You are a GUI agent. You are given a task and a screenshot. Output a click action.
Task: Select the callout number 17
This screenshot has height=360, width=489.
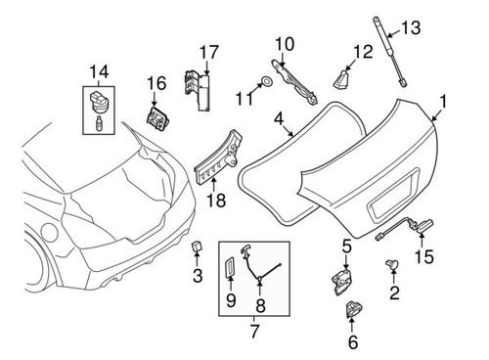click(x=207, y=51)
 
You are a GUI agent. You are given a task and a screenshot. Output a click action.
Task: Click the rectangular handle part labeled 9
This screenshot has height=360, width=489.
click(x=232, y=267)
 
